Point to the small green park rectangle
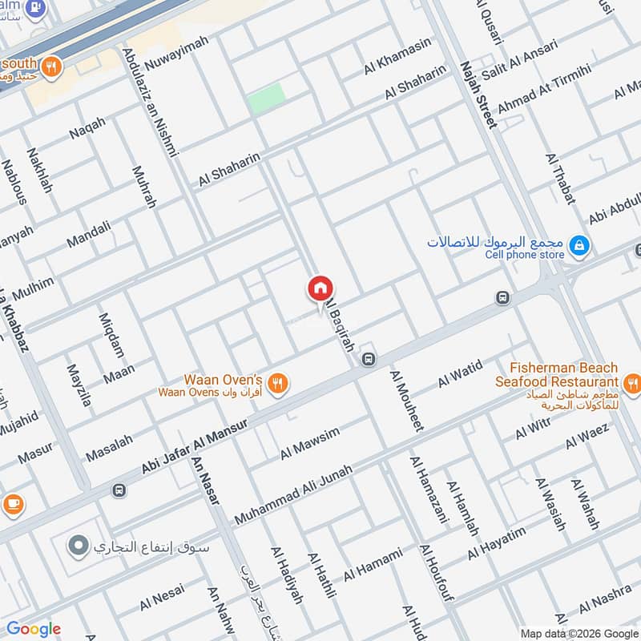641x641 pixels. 266,99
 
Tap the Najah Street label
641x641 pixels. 478,94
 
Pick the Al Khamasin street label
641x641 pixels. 397,56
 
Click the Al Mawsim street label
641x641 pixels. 310,443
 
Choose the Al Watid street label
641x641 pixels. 460,375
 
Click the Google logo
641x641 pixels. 33,629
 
